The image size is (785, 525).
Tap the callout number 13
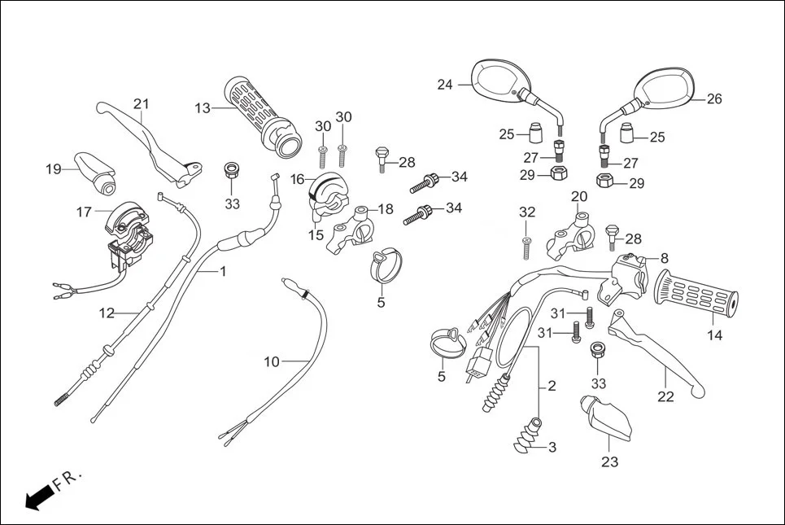203,107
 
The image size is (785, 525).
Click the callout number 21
142,103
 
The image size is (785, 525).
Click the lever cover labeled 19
94,172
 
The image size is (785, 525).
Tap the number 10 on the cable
272,361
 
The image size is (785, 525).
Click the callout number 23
609,462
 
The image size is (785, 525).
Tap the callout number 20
578,196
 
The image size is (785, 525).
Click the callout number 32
527,212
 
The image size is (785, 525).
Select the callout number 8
664,258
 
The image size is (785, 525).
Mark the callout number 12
107,313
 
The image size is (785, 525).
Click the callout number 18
386,209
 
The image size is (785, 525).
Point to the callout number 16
297,178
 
